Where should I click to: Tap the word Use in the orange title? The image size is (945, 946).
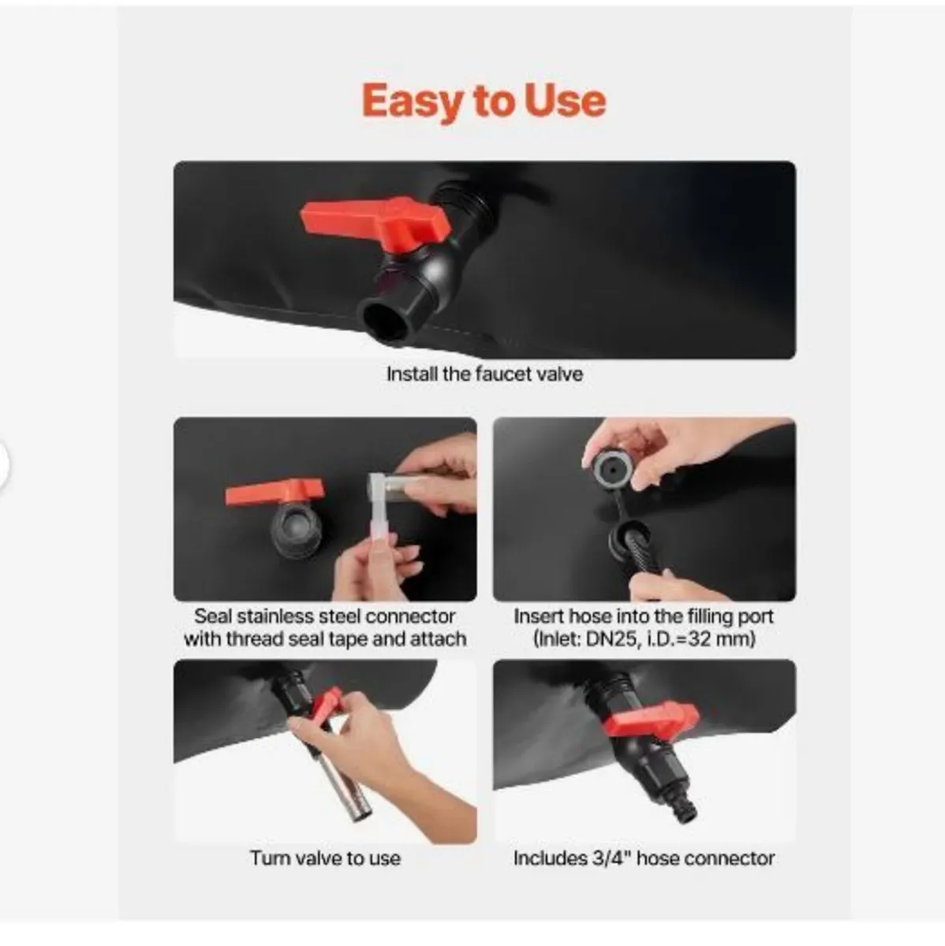[565, 101]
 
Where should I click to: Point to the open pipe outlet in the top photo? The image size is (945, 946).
[386, 322]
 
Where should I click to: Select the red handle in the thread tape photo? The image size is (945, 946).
[275, 492]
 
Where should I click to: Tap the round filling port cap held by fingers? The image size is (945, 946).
[612, 471]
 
